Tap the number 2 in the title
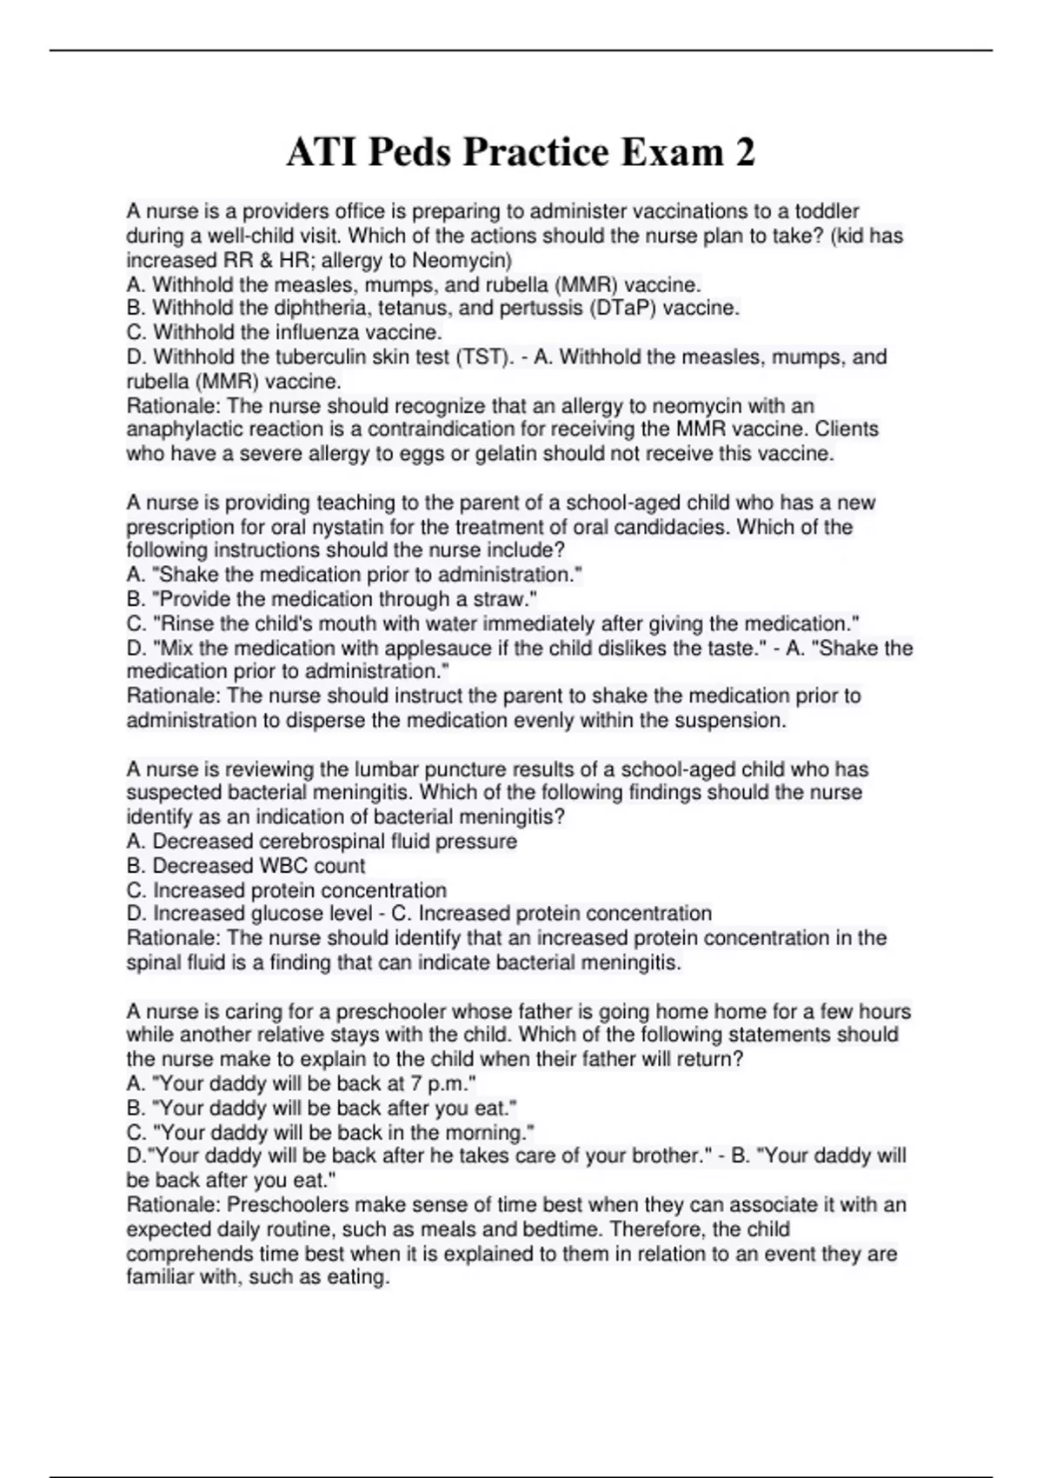click(745, 153)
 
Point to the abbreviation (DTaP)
click(622, 308)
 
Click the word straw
click(508, 599)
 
